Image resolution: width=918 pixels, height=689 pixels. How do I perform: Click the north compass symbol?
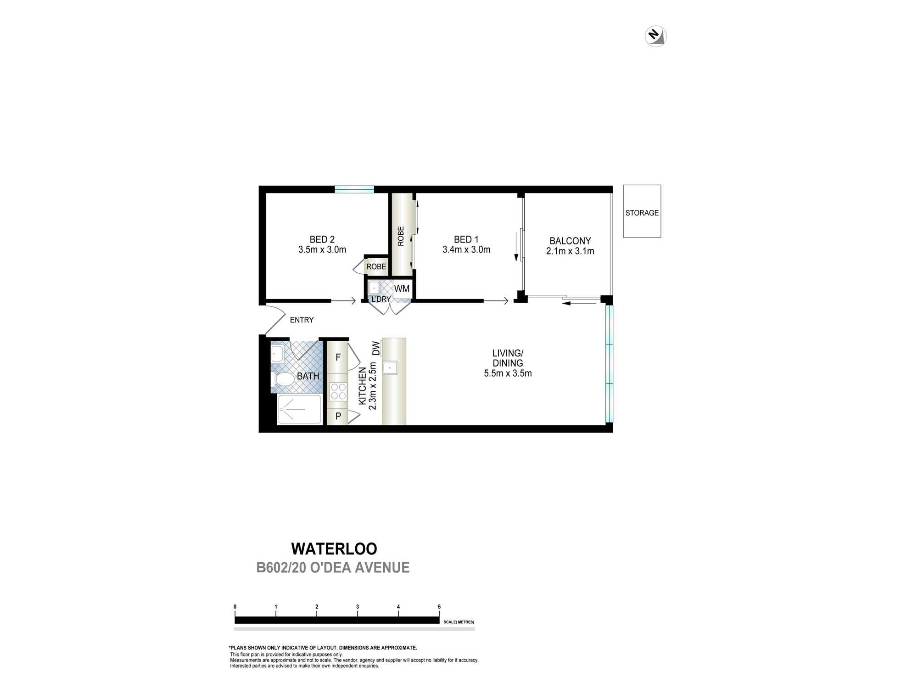[x=655, y=36]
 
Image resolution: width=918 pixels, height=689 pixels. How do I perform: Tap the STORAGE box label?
[x=642, y=213]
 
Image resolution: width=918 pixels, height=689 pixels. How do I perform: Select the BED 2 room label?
[x=322, y=239]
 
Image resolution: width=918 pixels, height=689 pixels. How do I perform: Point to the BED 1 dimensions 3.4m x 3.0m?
[x=466, y=249]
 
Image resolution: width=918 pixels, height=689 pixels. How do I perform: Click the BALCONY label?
[x=570, y=241]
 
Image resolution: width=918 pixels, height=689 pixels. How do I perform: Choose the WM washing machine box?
[x=402, y=288]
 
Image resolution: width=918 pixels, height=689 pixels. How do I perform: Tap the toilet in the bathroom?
[x=284, y=379]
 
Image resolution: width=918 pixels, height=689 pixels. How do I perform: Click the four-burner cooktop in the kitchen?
[x=338, y=391]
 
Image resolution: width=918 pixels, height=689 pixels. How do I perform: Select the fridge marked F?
[x=338, y=357]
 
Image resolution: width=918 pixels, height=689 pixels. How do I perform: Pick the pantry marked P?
[x=338, y=416]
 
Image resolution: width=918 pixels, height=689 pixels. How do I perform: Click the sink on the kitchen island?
[x=390, y=367]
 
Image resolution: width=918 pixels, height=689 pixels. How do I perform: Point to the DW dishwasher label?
[x=376, y=348]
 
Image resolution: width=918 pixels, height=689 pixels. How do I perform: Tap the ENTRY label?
[x=302, y=320]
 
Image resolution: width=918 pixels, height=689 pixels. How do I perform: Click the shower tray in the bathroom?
[x=299, y=409]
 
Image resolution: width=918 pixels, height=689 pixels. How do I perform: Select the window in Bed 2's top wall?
[x=354, y=189]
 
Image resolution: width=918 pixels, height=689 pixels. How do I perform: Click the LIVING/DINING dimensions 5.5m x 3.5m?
[x=508, y=373]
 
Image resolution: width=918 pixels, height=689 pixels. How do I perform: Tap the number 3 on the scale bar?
[x=357, y=607]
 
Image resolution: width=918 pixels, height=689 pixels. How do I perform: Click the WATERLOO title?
[x=334, y=548]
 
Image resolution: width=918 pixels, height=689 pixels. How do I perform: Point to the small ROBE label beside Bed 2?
[x=376, y=266]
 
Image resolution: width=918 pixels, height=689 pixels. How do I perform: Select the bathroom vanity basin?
[x=277, y=354]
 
